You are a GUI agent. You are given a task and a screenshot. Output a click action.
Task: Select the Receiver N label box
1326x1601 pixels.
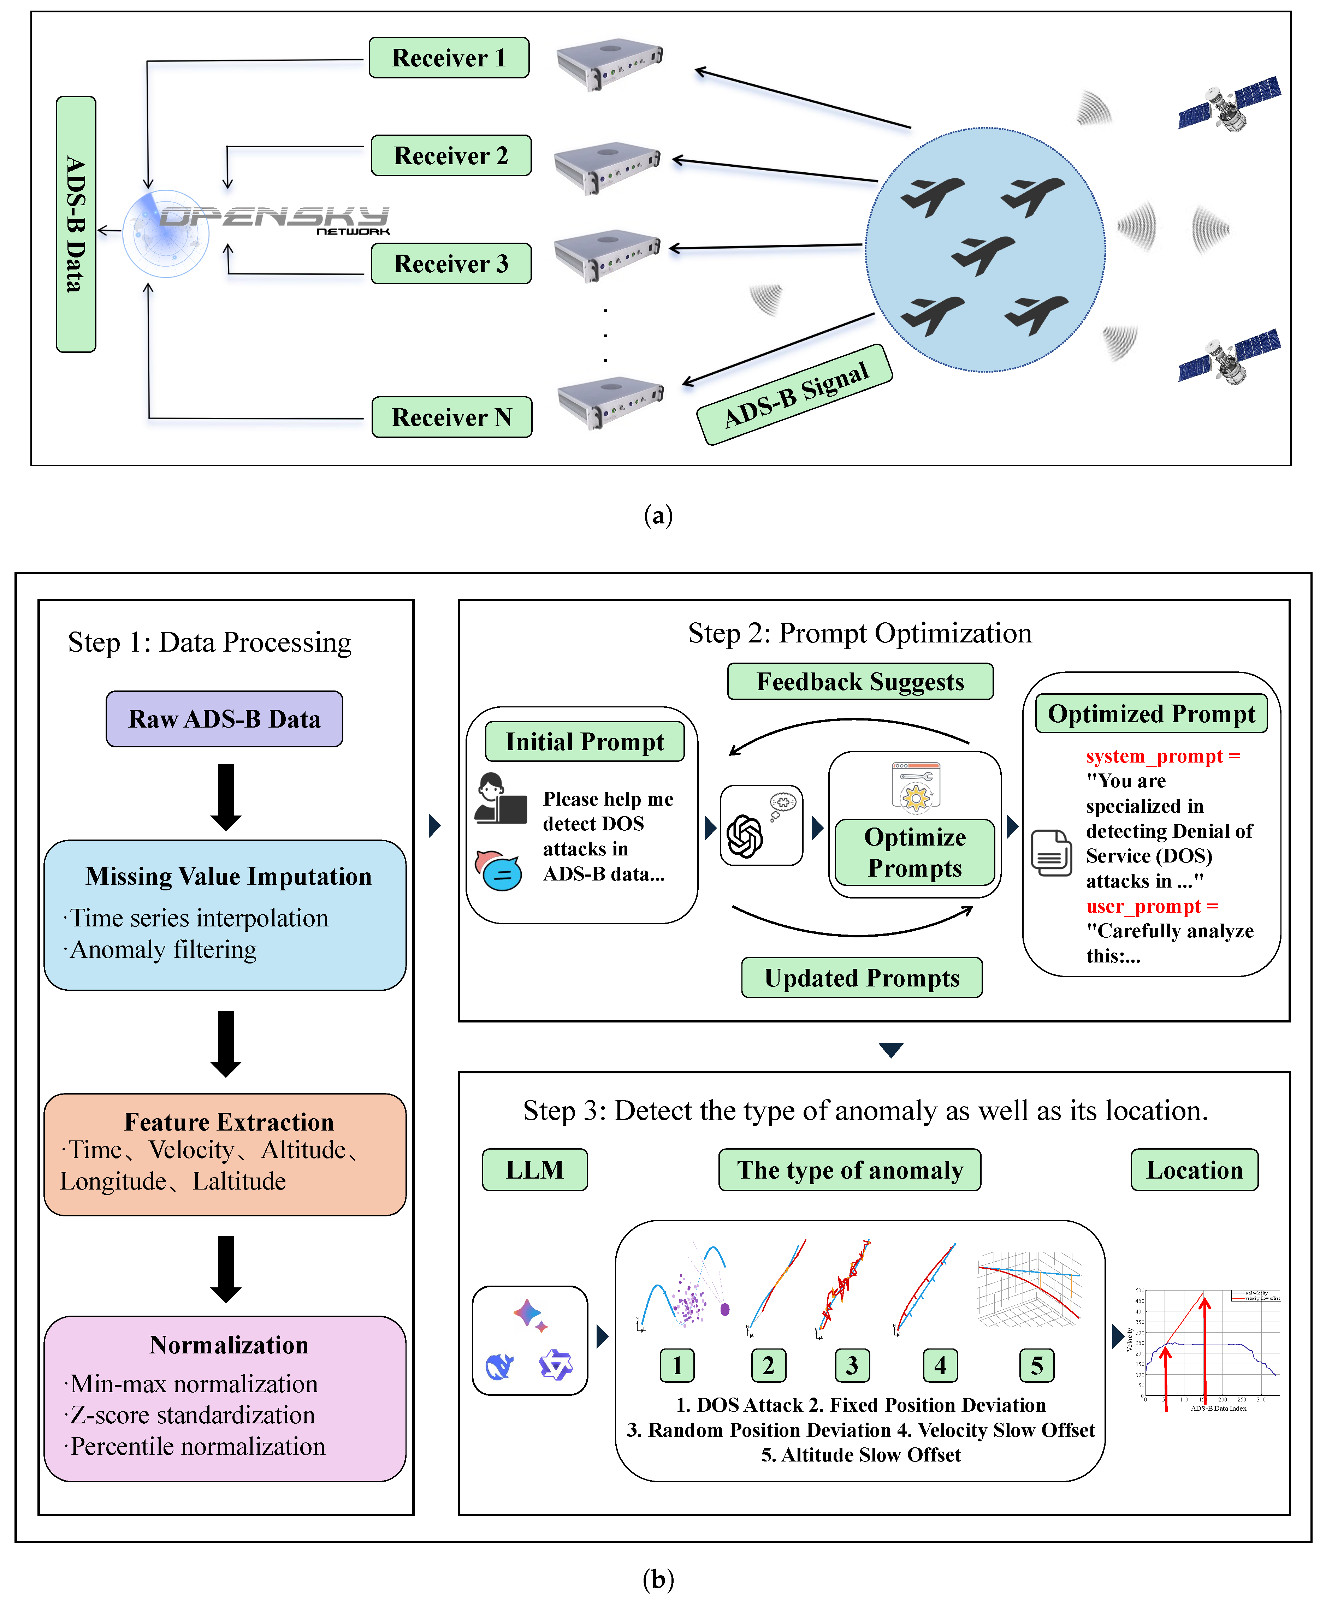[x=451, y=417]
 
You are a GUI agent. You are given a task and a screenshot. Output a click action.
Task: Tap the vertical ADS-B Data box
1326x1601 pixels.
[x=76, y=224]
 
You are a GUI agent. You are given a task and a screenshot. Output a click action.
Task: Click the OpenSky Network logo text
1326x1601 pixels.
[x=274, y=219]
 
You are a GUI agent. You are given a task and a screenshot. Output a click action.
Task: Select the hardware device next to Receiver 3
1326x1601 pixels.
[x=607, y=254]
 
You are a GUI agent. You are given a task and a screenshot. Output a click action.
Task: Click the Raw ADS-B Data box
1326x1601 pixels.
[x=224, y=719]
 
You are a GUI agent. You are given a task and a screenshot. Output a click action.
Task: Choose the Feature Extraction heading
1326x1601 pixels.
[x=229, y=1122]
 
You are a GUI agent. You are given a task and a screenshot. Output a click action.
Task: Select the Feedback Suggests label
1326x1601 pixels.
[x=860, y=682]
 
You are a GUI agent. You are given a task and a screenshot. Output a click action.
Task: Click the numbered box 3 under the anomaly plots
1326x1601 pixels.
[x=852, y=1365]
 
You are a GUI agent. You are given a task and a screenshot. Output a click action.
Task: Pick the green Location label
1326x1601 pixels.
[x=1194, y=1170]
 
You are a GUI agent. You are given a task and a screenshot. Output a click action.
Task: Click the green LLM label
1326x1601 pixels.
[x=534, y=1170]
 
